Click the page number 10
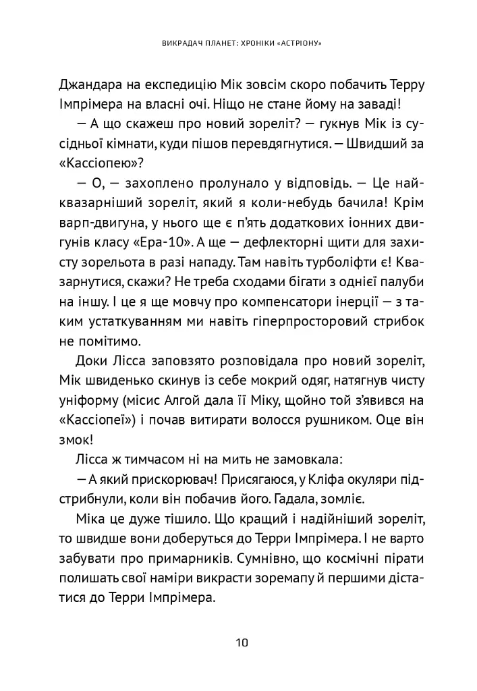[x=242, y=642]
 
